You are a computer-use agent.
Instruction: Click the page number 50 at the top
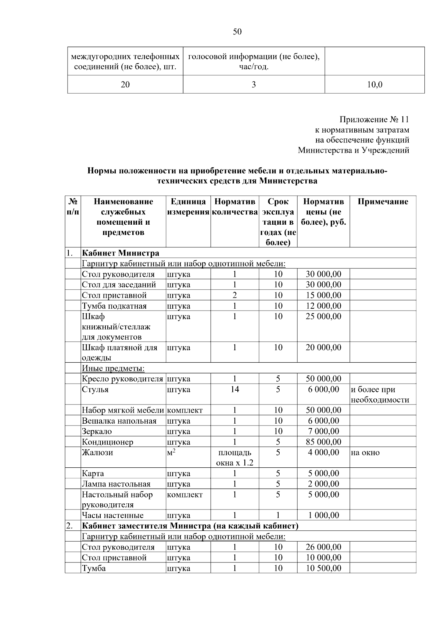(x=237, y=32)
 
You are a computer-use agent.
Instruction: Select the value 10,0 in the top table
(x=374, y=85)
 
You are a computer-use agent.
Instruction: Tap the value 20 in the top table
(x=125, y=85)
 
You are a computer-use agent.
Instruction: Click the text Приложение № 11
(x=374, y=120)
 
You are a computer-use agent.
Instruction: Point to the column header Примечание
(x=383, y=202)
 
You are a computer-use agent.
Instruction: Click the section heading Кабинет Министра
(x=120, y=253)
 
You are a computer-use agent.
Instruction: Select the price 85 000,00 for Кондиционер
(x=323, y=442)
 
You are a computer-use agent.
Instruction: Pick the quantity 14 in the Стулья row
(x=234, y=390)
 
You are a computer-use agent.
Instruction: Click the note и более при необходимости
(x=380, y=395)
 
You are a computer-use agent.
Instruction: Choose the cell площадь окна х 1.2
(x=234, y=457)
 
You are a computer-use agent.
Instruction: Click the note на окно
(x=365, y=453)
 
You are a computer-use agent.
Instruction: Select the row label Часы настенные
(x=112, y=515)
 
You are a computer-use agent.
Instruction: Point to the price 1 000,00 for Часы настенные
(x=323, y=515)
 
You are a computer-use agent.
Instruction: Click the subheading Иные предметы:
(x=113, y=368)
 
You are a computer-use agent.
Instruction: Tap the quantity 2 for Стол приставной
(x=234, y=295)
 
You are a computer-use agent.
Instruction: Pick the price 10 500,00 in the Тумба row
(x=323, y=568)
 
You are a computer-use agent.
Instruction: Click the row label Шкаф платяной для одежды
(x=119, y=352)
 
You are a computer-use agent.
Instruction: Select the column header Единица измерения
(x=188, y=207)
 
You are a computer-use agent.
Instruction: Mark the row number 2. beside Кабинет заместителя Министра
(x=69, y=526)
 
